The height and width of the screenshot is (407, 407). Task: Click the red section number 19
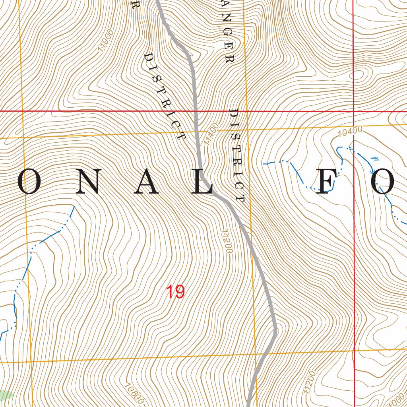coord(175,292)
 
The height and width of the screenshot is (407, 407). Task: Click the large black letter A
coord(146,184)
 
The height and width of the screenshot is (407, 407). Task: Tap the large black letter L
coord(203,184)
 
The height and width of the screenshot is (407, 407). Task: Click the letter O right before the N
coord(30,184)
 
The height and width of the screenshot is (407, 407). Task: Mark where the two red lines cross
coord(354,112)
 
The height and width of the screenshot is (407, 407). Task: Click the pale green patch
coord(5,395)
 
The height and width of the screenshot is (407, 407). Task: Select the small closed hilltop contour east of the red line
coord(360,74)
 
